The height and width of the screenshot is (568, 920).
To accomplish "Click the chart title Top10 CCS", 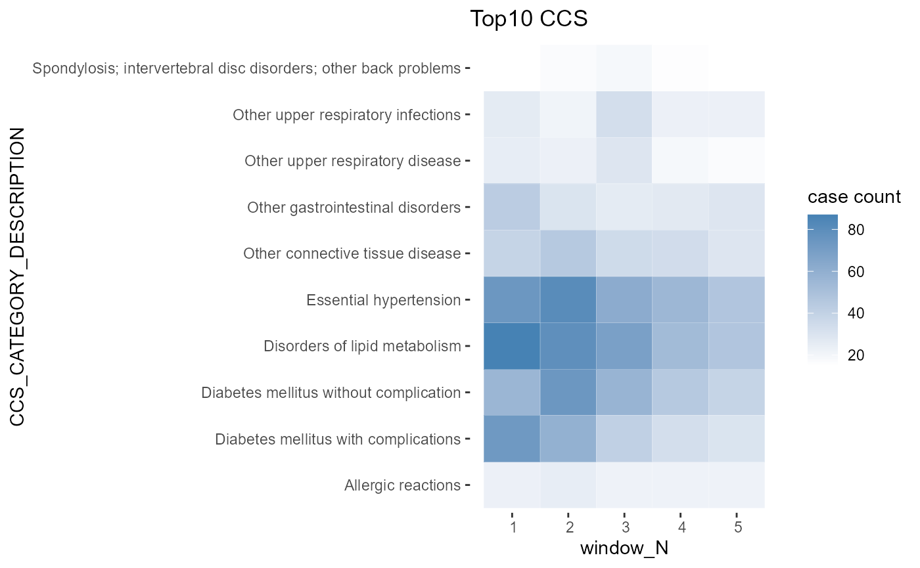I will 528,19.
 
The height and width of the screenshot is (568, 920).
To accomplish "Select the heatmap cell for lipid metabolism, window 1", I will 512,345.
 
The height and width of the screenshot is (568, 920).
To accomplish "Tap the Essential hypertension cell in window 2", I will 568,299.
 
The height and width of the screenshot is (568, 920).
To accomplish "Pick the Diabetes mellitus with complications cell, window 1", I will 512,439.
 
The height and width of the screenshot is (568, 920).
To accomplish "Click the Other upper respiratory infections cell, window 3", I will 624,115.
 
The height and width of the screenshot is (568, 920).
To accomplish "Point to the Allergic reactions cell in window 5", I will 736,485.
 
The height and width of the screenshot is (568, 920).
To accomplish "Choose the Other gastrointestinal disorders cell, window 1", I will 512,207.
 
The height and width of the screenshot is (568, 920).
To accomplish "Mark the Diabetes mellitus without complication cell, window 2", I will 568,392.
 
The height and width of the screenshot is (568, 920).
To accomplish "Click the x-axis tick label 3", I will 624,527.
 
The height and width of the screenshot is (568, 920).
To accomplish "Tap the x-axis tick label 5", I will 736,527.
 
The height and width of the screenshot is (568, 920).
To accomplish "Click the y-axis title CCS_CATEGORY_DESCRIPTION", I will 18,276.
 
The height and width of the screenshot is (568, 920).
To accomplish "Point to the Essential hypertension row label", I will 383,300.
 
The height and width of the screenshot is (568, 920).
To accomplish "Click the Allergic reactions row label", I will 402,485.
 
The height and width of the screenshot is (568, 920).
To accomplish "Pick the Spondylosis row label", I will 246,68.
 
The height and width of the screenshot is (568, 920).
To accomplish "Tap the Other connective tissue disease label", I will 352,253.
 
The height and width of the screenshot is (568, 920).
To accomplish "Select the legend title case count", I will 854,197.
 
